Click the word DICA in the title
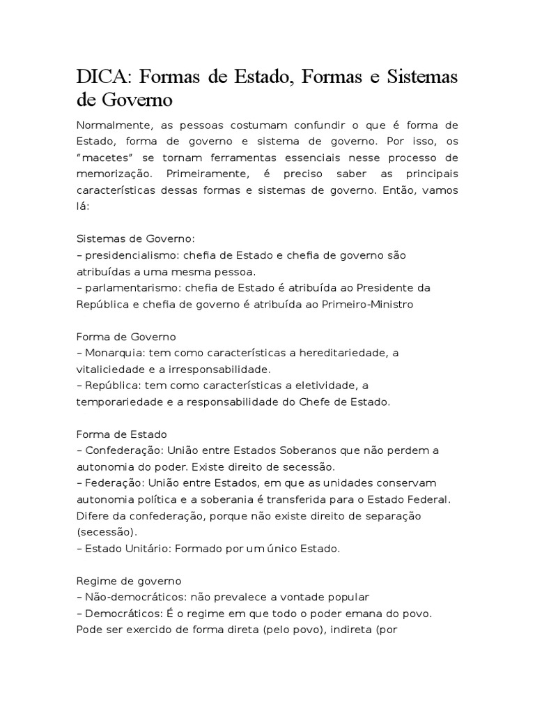tap(102, 77)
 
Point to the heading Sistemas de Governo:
tap(130, 238)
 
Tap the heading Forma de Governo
tap(127, 337)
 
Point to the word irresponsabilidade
tap(222, 370)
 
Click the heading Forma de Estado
tap(122, 434)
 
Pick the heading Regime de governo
tap(129, 581)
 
